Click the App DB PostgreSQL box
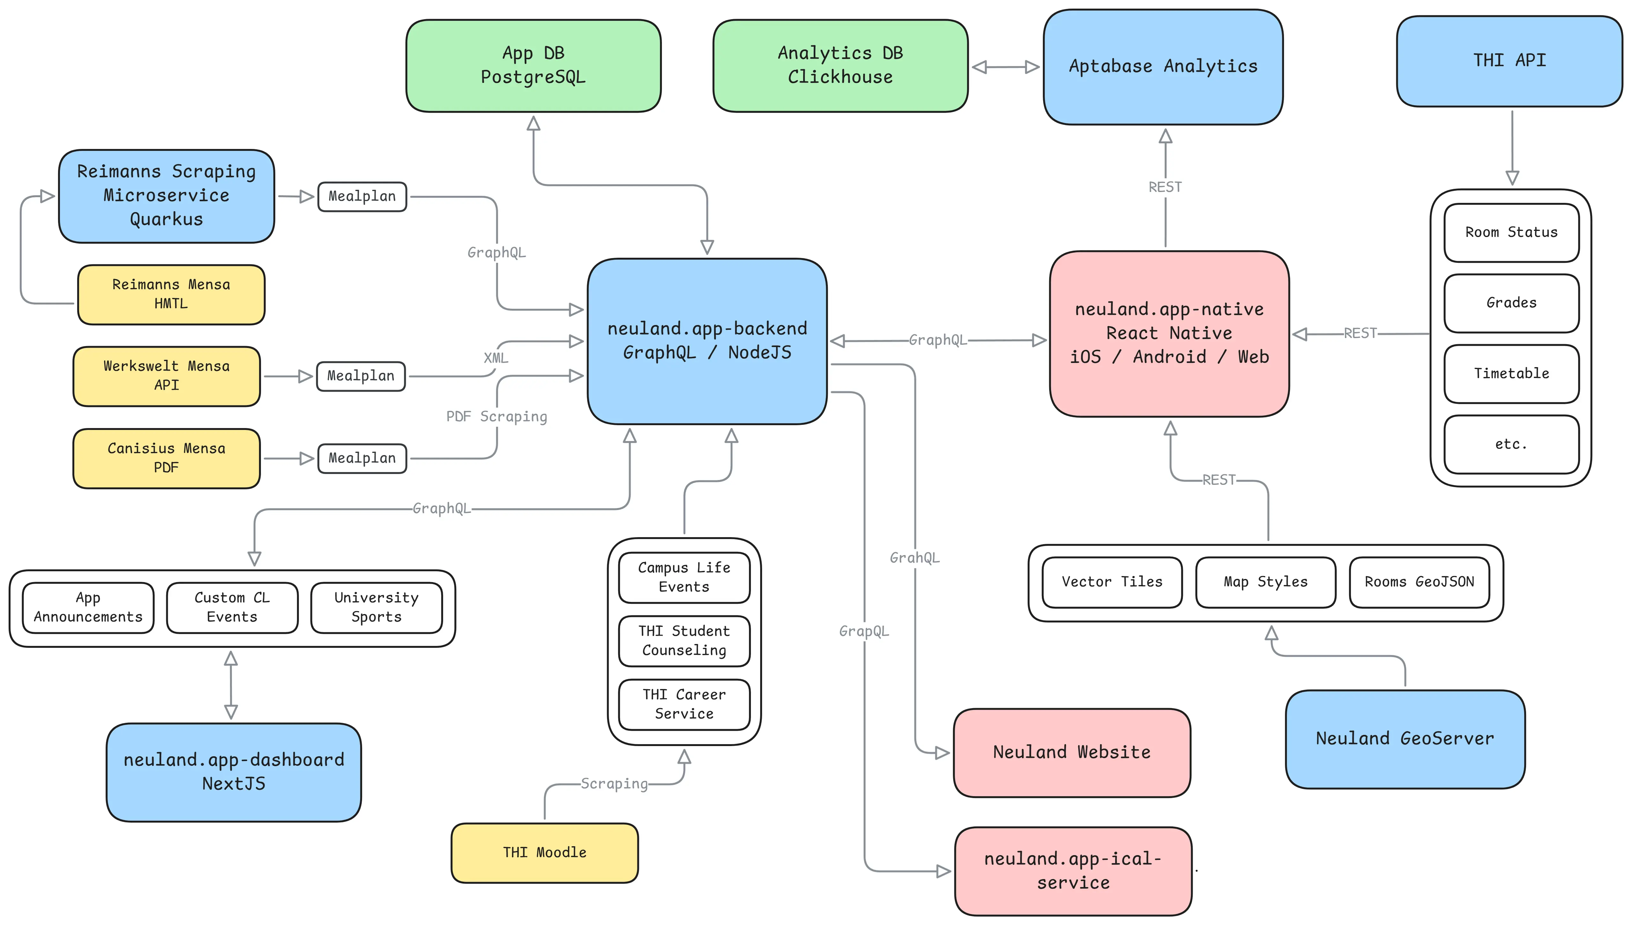click(x=533, y=65)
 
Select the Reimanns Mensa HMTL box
click(x=171, y=294)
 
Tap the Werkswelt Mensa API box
click(x=167, y=375)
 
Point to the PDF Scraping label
click(x=496, y=417)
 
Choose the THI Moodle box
click(x=545, y=853)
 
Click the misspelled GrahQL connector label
click(x=914, y=558)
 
